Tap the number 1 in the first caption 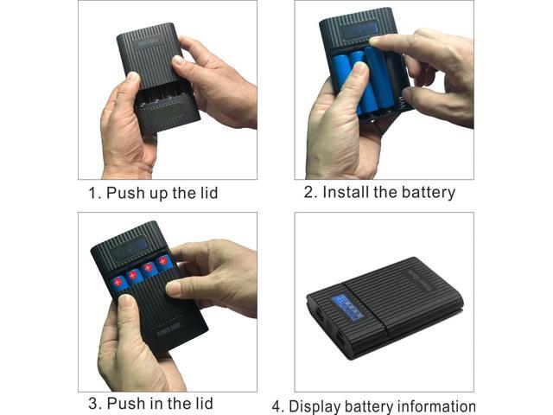[x=92, y=193]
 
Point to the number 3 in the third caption [x=92, y=403]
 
